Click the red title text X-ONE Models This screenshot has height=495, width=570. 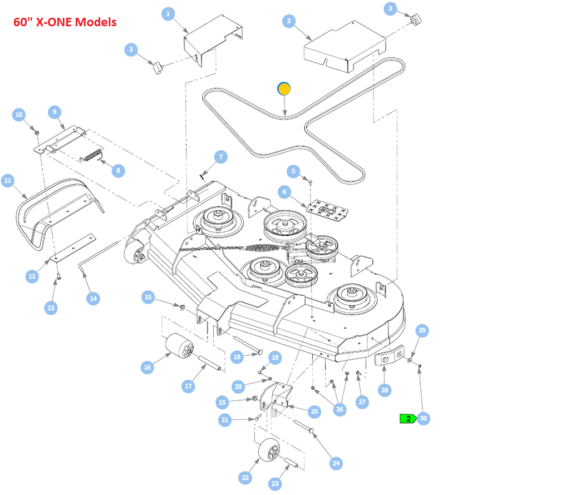(x=65, y=22)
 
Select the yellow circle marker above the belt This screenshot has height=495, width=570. (x=284, y=88)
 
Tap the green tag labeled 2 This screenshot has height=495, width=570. (x=408, y=419)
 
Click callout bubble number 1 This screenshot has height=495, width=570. (x=168, y=14)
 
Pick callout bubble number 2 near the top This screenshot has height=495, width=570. (x=288, y=21)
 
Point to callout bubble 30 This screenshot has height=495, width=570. (x=423, y=418)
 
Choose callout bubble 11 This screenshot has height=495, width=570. (x=7, y=180)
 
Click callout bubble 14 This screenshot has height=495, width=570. (x=94, y=299)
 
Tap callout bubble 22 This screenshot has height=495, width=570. (x=245, y=477)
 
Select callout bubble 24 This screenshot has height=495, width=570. (x=336, y=463)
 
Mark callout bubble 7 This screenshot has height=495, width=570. (x=220, y=157)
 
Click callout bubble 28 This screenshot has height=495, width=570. (x=385, y=390)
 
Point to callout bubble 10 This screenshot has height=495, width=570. (x=19, y=115)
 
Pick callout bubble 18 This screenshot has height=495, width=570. (x=238, y=357)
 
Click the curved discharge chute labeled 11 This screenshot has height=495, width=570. (x=61, y=211)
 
